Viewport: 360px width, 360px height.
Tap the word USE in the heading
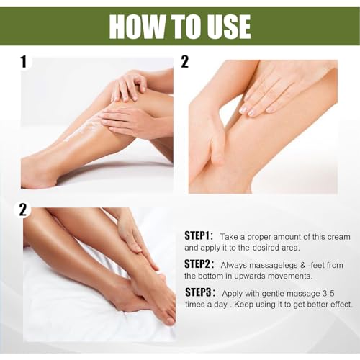tap(225, 27)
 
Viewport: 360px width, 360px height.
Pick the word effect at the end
tap(338, 304)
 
